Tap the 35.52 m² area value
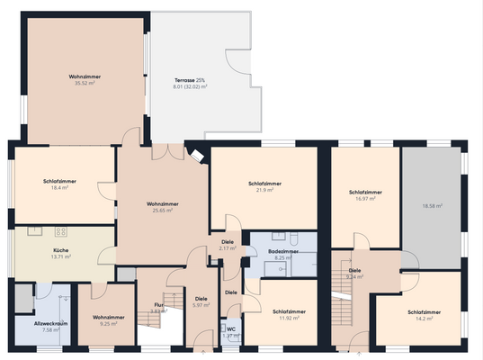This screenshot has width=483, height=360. point(84,88)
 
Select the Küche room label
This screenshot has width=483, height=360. point(62,251)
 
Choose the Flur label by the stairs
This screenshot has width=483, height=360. point(158,305)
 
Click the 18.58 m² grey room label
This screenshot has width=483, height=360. point(433,206)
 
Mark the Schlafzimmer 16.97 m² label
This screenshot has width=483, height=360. point(365,193)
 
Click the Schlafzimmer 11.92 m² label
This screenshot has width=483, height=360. point(289,311)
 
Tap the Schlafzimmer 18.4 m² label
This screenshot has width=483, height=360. point(60,182)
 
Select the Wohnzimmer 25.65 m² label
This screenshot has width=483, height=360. point(162,204)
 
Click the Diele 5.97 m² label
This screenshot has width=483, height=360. point(201,299)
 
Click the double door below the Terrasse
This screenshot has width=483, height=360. point(163,153)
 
